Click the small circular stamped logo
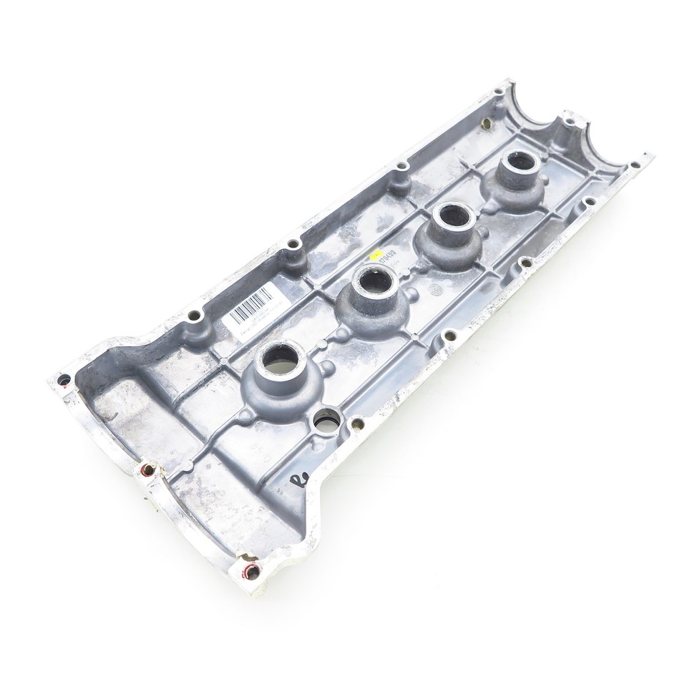(x=434, y=289)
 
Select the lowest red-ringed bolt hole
(x=252, y=571)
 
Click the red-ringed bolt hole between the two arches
(x=147, y=469)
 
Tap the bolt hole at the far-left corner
(x=64, y=379)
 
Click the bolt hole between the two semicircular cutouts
(x=569, y=122)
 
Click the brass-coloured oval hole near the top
(x=487, y=124)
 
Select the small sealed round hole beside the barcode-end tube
(x=327, y=420)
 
